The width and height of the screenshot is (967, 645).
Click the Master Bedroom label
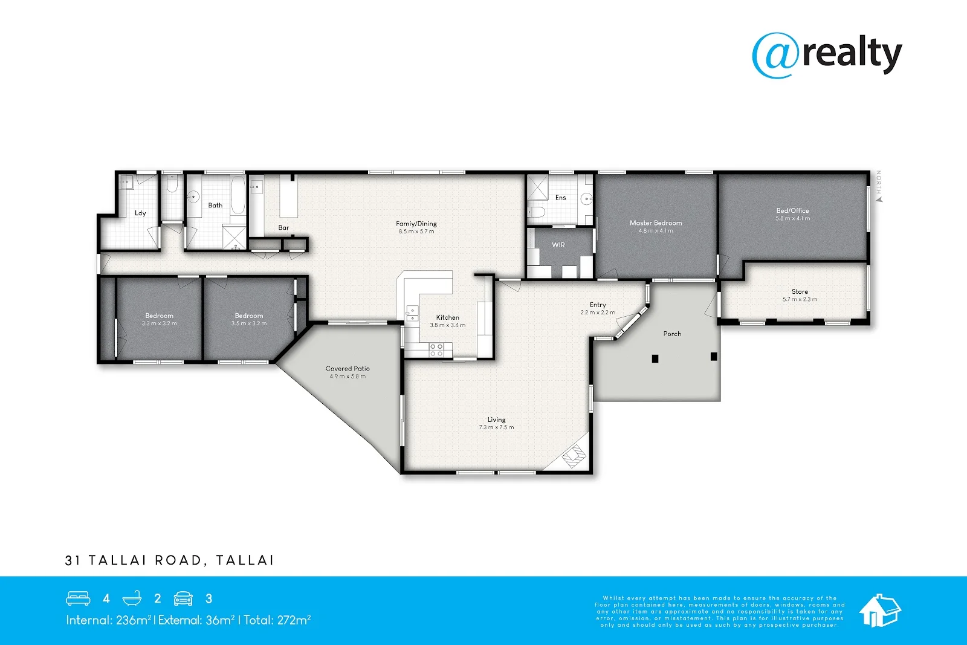[656, 223]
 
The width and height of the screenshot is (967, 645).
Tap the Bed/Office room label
[792, 211]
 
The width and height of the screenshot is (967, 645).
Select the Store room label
[800, 291]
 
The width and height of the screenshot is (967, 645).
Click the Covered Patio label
[348, 368]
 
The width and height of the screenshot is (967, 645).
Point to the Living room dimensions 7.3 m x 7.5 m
[496, 427]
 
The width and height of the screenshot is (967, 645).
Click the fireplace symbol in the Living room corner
[575, 456]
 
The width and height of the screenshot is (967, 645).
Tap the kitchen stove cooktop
[436, 349]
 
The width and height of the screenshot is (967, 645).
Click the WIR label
[558, 245]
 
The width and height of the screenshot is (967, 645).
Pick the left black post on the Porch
[655, 358]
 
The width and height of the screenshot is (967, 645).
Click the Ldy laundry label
[140, 213]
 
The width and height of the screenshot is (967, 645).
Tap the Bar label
[283, 228]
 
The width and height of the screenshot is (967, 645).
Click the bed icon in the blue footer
[78, 598]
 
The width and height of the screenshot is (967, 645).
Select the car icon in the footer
[183, 598]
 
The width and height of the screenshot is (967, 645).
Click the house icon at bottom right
[879, 610]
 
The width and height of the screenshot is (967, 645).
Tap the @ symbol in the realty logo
[775, 56]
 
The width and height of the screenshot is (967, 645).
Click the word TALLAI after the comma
[245, 560]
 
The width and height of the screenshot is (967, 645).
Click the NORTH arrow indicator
[879, 187]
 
